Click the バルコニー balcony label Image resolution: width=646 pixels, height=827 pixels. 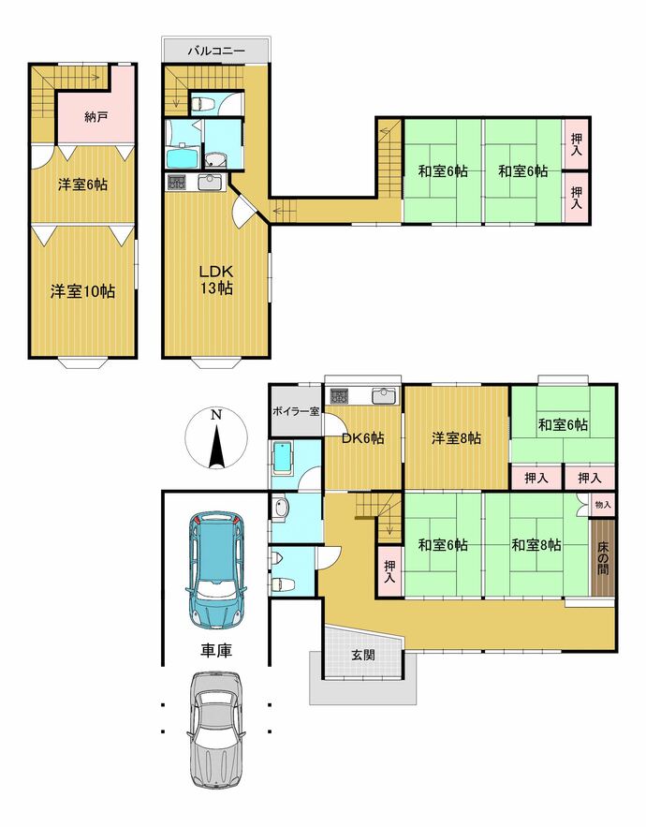(x=216, y=52)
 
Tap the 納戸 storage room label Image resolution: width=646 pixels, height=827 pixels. (x=96, y=116)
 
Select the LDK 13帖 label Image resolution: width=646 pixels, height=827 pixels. (x=215, y=280)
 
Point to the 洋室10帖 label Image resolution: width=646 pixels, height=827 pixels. (x=82, y=291)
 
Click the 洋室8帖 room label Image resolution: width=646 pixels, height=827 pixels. (x=456, y=437)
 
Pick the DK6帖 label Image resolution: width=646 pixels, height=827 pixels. (x=363, y=437)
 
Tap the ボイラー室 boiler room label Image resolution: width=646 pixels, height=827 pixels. (x=296, y=411)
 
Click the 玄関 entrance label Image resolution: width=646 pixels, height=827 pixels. (x=363, y=655)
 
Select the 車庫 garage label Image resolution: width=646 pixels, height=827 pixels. (x=216, y=651)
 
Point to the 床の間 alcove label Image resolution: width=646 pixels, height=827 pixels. (x=603, y=557)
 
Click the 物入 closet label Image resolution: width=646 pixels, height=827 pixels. (x=603, y=505)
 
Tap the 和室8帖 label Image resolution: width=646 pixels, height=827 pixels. (x=536, y=545)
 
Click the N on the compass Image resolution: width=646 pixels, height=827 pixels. (x=216, y=415)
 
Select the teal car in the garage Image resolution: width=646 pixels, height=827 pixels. (x=216, y=569)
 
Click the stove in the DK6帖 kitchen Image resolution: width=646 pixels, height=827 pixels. (x=338, y=396)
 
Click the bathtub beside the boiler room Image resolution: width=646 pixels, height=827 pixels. (x=283, y=458)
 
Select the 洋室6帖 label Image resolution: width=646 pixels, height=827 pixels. (x=82, y=185)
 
